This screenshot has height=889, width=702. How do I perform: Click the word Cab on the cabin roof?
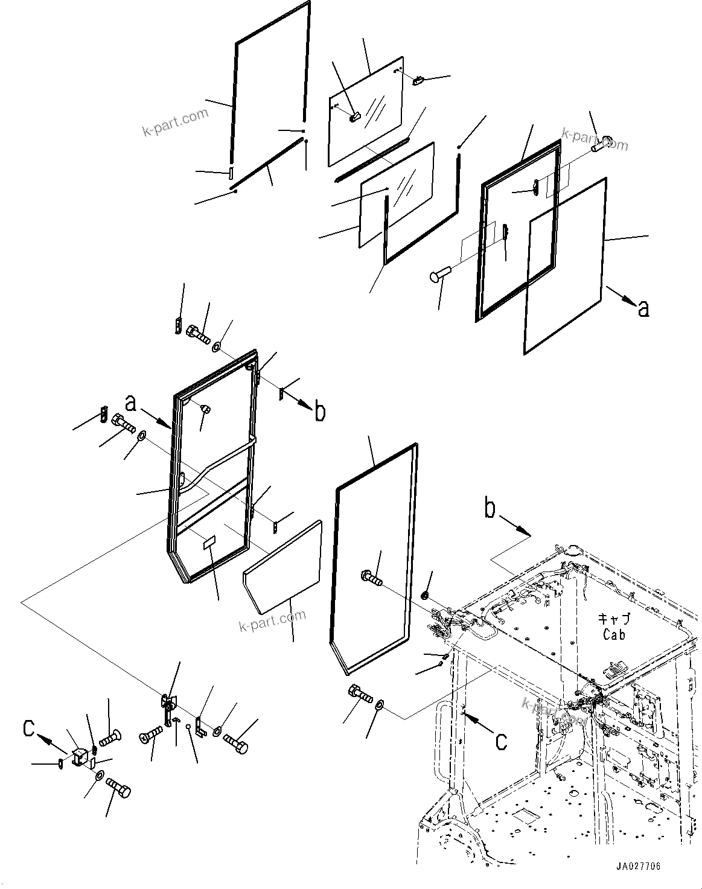point(613,634)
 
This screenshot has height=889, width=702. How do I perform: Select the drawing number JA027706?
point(638,866)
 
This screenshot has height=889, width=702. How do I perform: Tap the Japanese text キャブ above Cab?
point(614,619)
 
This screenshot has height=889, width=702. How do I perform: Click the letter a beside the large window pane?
point(643,308)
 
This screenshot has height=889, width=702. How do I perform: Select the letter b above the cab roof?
point(491,509)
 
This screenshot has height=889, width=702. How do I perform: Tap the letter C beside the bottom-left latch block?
point(29,728)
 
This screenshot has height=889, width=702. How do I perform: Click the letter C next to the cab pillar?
point(501,741)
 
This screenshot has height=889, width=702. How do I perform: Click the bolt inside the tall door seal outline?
point(371,578)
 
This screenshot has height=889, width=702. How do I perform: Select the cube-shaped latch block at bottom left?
point(79,757)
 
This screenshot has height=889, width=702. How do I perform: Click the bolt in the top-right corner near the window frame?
point(602,144)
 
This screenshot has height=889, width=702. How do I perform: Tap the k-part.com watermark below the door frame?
point(272,619)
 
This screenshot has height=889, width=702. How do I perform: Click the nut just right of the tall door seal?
point(424,596)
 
